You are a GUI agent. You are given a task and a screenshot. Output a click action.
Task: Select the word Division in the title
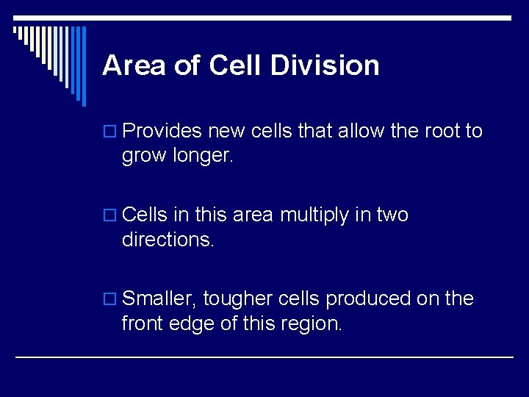[325, 65]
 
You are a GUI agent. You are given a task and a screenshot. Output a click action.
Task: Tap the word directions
[168, 240]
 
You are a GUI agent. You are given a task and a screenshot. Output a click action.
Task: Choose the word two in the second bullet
[392, 215]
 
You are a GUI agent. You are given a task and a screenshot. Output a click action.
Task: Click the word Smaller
[159, 299]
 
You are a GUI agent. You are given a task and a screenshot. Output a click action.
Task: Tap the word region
[313, 323]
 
